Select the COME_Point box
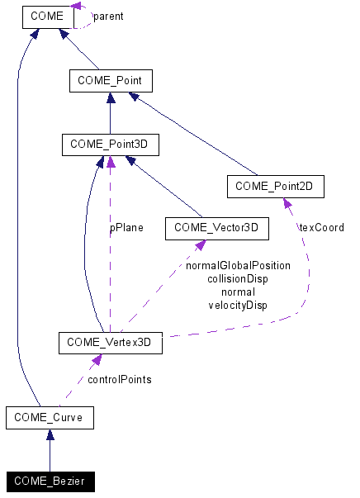click(x=111, y=80)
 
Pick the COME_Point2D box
click(x=275, y=187)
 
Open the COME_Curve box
click(x=49, y=417)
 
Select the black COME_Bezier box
click(x=49, y=481)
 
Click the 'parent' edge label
click(x=108, y=16)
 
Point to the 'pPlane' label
click(x=127, y=227)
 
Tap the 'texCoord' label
click(x=321, y=227)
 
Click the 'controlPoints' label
click(x=119, y=380)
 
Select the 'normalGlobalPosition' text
click(x=238, y=266)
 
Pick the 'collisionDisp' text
click(x=238, y=279)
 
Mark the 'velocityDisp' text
click(x=238, y=306)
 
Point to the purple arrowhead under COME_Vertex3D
click(x=97, y=360)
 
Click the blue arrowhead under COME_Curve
click(x=49, y=435)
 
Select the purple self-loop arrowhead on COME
click(x=77, y=7)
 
